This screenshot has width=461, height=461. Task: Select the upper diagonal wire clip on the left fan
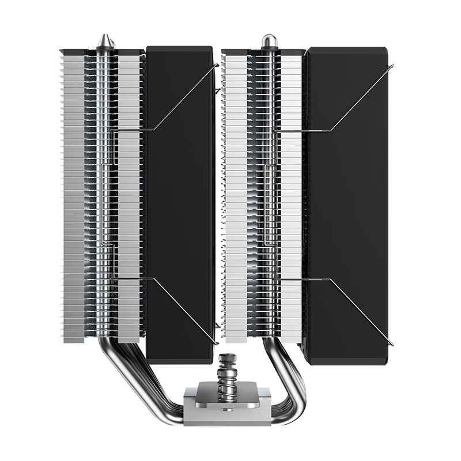[x=184, y=98]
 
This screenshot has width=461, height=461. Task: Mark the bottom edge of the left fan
[x=180, y=360]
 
